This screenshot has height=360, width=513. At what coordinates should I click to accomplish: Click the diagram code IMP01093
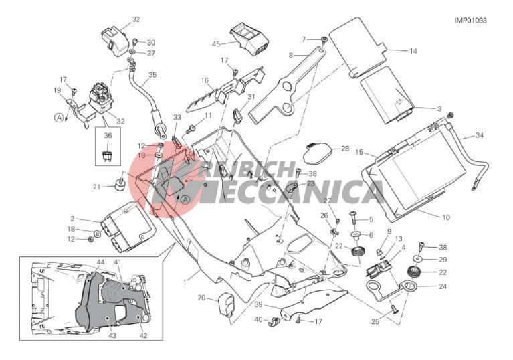point(470,20)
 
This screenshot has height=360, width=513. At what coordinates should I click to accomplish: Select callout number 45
point(216,44)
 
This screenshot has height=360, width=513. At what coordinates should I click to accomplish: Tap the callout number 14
point(413,51)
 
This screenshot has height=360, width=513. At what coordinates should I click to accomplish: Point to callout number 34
point(480,135)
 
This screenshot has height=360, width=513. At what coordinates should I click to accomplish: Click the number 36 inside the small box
point(108,135)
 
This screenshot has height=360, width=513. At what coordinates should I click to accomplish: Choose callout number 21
point(96,187)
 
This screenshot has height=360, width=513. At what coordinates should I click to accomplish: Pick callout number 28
point(345,149)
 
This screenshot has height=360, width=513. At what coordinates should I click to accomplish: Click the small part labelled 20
point(227,304)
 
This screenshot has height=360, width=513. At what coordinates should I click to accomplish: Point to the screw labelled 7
point(324,39)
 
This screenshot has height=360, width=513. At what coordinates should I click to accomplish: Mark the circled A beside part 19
point(59,118)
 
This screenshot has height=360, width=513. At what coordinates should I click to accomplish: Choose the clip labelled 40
point(274,321)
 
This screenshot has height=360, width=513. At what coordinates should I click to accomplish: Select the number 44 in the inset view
point(101,262)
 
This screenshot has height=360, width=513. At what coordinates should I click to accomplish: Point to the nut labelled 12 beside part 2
point(91,240)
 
